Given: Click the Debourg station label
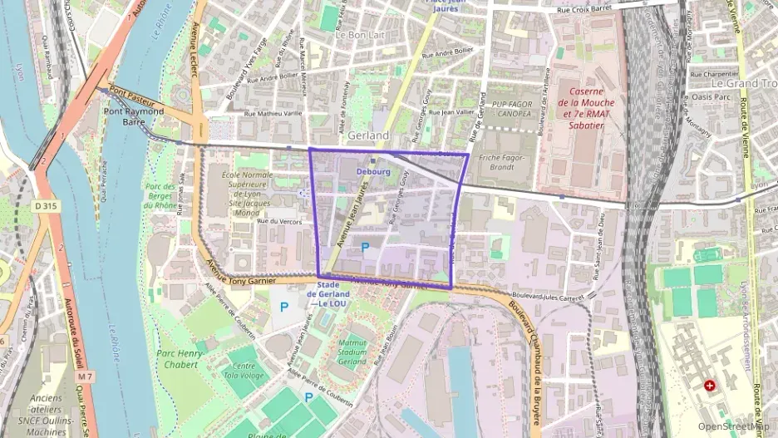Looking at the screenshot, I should pyautogui.click(x=373, y=171).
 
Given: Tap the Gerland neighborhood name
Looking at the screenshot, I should pyautogui.click(x=369, y=135).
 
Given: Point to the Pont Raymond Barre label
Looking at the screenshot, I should pyautogui.click(x=133, y=116).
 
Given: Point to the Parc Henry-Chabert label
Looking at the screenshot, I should pyautogui.click(x=177, y=359).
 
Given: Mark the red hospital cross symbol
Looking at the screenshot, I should pyautogui.click(x=709, y=386).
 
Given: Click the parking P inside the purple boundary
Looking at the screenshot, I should pyautogui.click(x=365, y=247).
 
